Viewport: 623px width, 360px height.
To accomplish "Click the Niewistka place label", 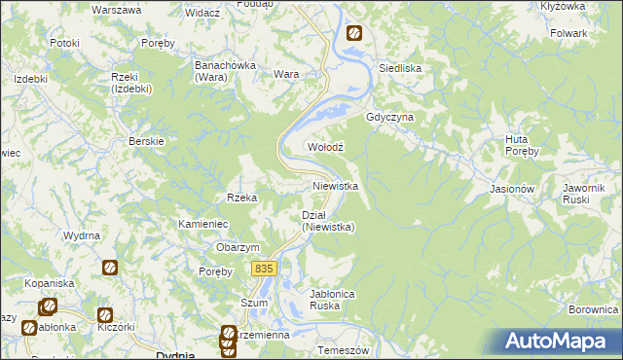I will point(336,185).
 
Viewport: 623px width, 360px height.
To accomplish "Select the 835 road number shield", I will point(263,269).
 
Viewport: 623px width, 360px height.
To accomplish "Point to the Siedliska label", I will point(399,69).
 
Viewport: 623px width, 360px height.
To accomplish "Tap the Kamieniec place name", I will point(202,224).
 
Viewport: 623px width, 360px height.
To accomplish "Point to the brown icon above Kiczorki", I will point(104,315).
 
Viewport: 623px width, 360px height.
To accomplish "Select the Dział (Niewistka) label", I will point(327,221).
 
